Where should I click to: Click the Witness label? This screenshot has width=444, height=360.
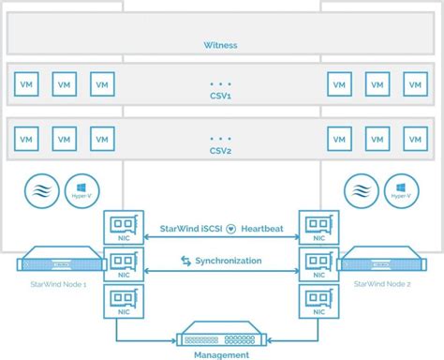click(221, 44)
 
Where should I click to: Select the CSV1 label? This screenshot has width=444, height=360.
click(221, 95)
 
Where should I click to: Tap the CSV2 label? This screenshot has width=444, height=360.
click(221, 148)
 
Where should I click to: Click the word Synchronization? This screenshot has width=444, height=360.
click(229, 261)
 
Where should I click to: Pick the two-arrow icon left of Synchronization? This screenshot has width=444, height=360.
click(187, 261)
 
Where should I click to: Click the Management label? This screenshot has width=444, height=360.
click(222, 355)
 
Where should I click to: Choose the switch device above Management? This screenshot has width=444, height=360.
click(222, 335)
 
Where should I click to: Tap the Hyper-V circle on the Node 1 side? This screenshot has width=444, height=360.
click(79, 189)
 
